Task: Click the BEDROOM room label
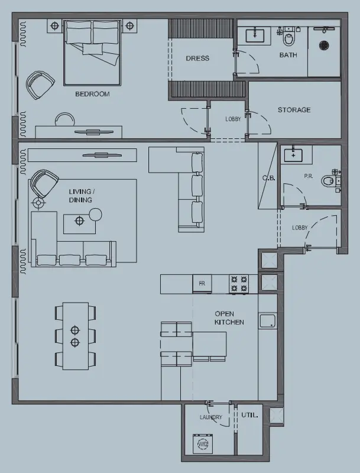[92, 94]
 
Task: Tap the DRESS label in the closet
[197, 59]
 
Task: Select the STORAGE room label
[294, 110]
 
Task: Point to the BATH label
[288, 55]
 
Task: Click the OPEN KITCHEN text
[229, 318]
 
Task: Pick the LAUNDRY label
[210, 417]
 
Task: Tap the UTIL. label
[249, 415]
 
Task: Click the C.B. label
[267, 178]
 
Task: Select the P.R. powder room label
[308, 177]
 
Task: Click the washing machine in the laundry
[203, 443]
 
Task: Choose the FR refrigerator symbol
[202, 284]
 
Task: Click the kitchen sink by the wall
[267, 321]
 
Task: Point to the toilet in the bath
[289, 40]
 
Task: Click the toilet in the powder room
[328, 180]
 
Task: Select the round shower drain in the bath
[323, 44]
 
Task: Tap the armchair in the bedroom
[40, 85]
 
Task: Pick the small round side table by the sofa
[95, 214]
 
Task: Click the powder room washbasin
[293, 155]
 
